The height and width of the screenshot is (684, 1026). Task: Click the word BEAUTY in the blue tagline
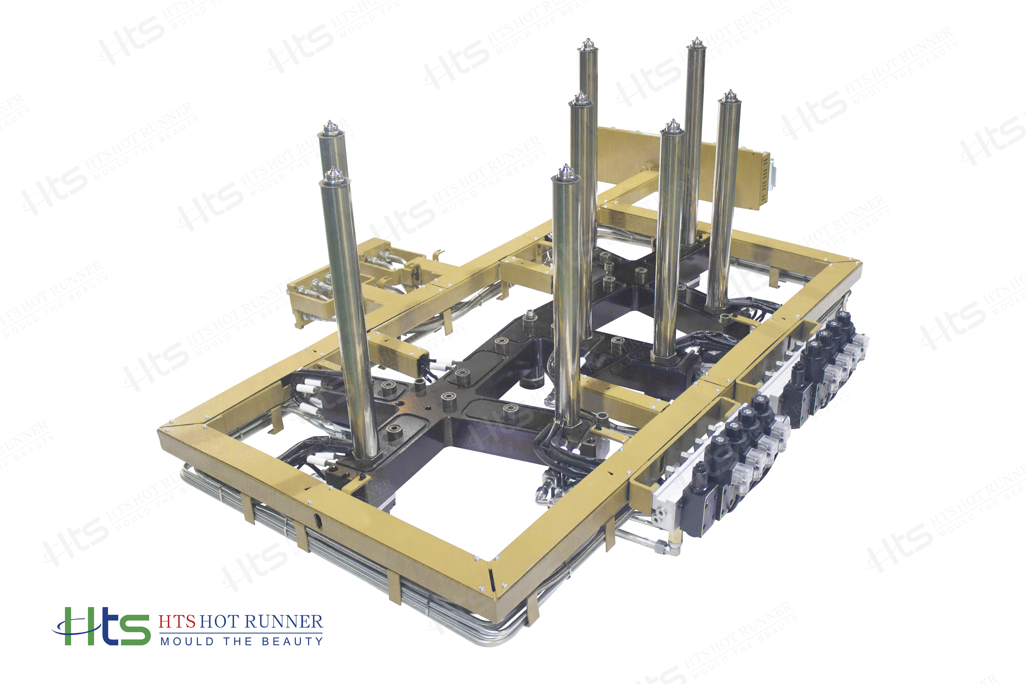click(x=292, y=641)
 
